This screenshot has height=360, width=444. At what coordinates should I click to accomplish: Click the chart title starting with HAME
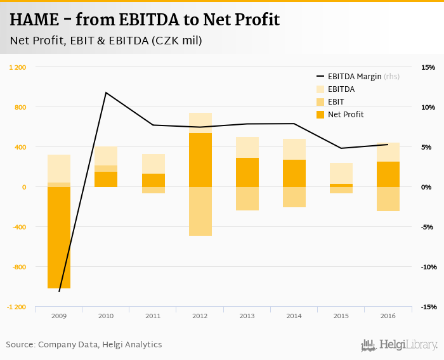[x=145, y=20]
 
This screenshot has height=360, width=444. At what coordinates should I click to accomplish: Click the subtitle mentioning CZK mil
[x=106, y=41]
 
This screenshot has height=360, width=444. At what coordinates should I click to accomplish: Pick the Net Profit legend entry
[x=346, y=115]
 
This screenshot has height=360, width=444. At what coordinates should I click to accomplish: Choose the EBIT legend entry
[x=337, y=102]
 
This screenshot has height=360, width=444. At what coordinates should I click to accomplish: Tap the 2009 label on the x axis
[x=59, y=316]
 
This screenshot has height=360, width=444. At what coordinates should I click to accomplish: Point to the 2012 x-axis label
[x=200, y=316]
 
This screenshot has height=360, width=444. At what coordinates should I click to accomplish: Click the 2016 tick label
[x=388, y=316]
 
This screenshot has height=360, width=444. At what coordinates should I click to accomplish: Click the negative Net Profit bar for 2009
[x=59, y=238]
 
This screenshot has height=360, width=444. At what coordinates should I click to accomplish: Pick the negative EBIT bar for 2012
[x=200, y=211]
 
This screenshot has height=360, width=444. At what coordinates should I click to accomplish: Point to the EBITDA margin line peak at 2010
[x=106, y=93]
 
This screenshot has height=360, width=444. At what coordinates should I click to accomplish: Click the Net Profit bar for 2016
[x=388, y=174]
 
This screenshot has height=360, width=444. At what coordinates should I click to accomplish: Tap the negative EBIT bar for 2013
[x=247, y=198]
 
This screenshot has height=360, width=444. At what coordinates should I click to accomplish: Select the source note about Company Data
[x=84, y=345]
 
